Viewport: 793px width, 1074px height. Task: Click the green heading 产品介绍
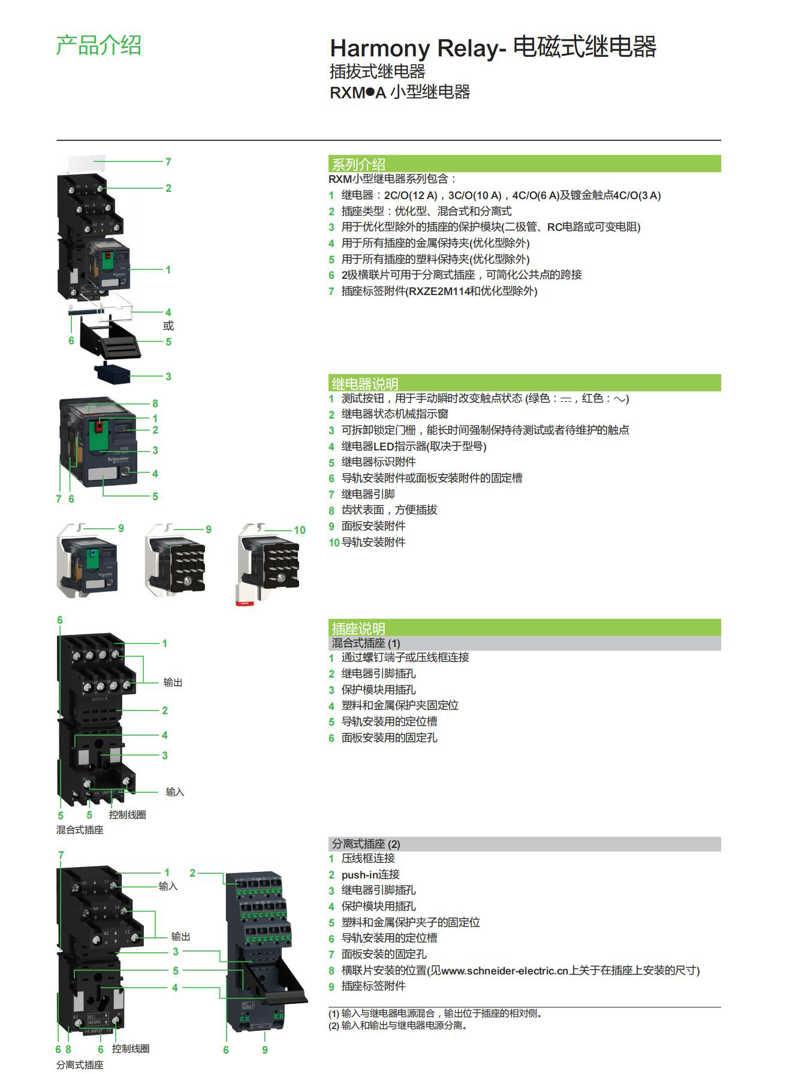point(98,46)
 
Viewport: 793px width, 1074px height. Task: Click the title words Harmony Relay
point(413,48)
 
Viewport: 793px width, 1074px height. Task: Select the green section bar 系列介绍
point(358,164)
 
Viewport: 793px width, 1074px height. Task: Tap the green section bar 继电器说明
point(364,383)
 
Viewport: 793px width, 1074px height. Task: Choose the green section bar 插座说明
point(358,628)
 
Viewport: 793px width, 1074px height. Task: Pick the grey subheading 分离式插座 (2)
point(366,844)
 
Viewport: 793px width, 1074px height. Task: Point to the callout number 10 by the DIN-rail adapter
point(299,530)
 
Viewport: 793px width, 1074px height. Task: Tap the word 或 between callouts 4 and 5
point(168,326)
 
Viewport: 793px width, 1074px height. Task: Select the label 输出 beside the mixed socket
point(173,682)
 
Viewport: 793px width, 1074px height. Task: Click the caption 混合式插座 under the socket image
point(80,830)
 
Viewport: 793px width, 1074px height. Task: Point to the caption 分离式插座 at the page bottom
point(80,1064)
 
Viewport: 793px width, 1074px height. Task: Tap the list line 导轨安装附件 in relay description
point(373,542)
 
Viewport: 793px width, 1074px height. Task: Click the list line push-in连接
point(370,874)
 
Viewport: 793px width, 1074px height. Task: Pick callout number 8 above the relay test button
point(155,404)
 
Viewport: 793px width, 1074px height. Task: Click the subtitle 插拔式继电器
point(378,71)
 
